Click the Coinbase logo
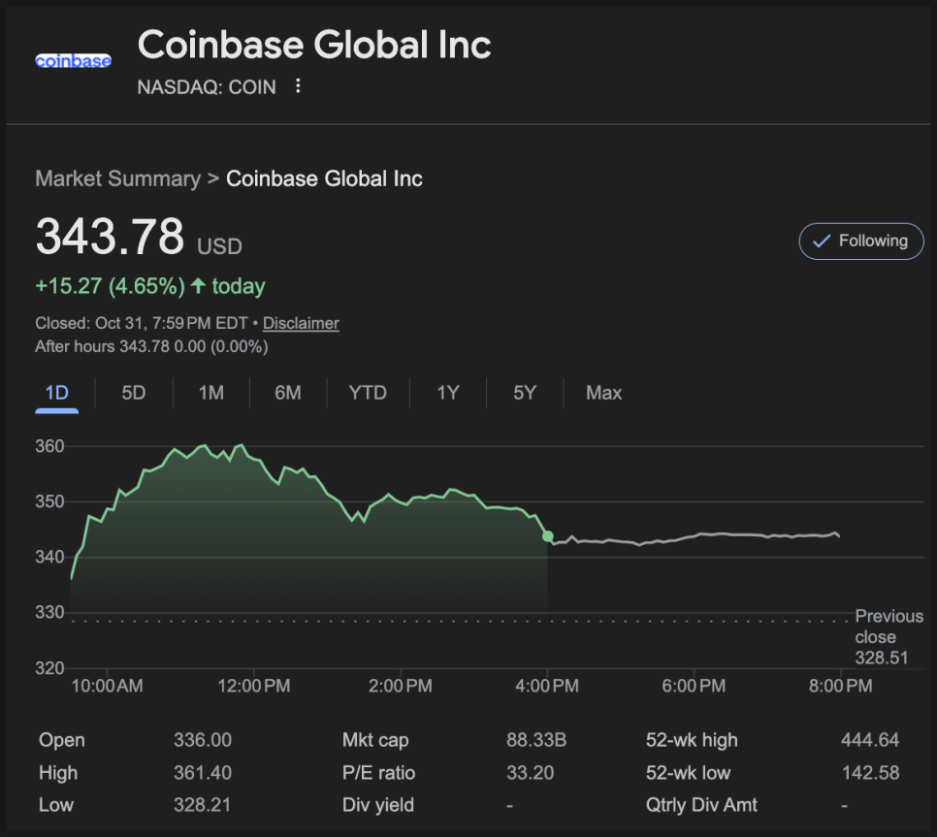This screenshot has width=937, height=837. pos(73,60)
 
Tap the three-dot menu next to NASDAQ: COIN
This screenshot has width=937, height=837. pos(298,86)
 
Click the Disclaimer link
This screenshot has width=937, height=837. pos(301,323)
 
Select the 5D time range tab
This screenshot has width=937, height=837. pos(134,393)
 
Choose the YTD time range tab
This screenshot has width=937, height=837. pos(368,393)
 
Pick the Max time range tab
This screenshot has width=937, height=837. pos(603,393)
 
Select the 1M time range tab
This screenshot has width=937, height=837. pos(210,393)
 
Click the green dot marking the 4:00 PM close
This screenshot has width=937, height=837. pos(548,536)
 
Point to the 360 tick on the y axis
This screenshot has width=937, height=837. pos(50,447)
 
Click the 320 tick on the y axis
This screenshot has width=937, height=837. pos(50,668)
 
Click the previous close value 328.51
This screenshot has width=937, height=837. pos(881,659)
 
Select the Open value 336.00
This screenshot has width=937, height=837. pos(203,740)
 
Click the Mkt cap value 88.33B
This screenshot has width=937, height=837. pos(536,740)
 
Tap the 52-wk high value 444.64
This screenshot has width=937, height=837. pos(870,740)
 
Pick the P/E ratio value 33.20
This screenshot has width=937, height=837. pos(530,773)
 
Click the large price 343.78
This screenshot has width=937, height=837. pos(110,237)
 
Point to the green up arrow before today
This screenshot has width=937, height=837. pos(198,286)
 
